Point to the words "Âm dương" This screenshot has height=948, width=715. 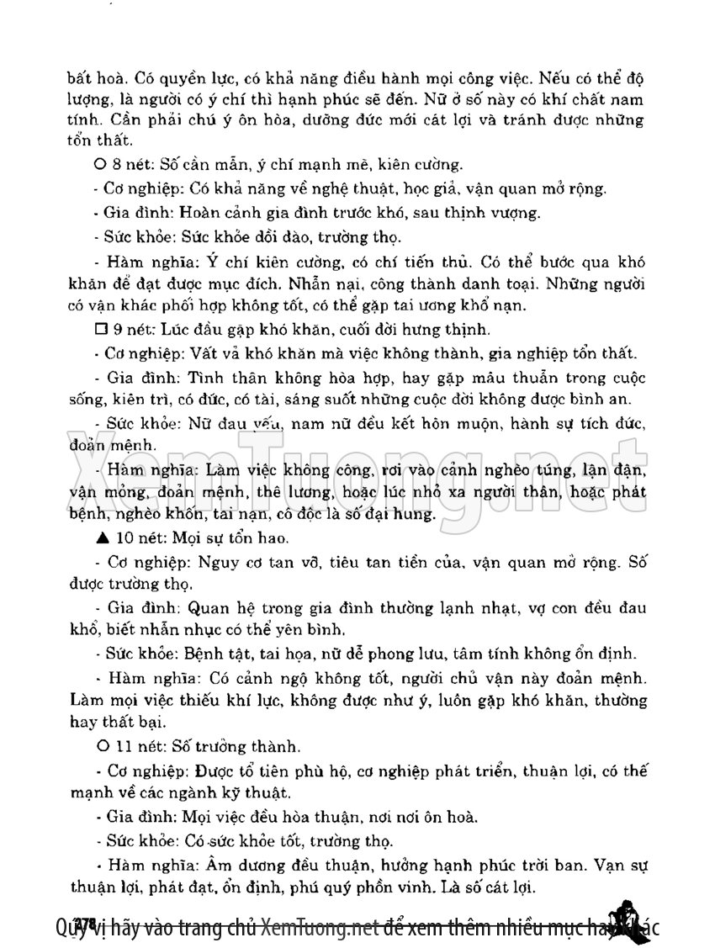pyautogui.click(x=232, y=865)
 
